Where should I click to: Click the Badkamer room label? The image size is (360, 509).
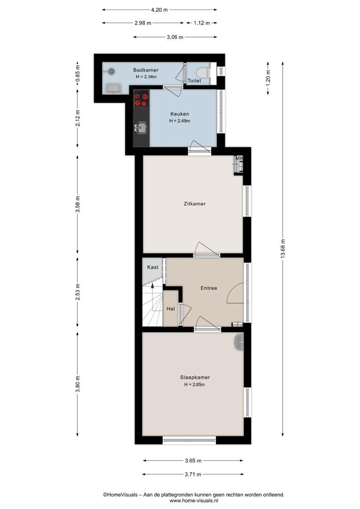pyautogui.click(x=146, y=70)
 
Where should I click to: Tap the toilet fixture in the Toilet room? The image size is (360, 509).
pyautogui.click(x=204, y=72)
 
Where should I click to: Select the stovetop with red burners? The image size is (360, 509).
pyautogui.click(x=141, y=99)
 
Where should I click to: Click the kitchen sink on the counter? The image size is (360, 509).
pyautogui.click(x=141, y=128)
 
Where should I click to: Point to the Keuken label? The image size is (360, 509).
pyautogui.click(x=180, y=114)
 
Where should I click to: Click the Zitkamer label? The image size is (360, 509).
pyautogui.click(x=195, y=204)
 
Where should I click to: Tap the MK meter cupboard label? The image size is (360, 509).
pyautogui.click(x=239, y=158)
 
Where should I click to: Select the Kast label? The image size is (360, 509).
pyautogui.click(x=153, y=267)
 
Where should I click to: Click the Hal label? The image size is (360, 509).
pyautogui.click(x=171, y=309)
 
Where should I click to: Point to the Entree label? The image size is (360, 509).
pyautogui.click(x=209, y=288)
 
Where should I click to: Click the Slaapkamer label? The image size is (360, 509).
pyautogui.click(x=195, y=378)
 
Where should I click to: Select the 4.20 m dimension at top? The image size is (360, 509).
pyautogui.click(x=159, y=10)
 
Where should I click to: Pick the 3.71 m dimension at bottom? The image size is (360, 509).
pyautogui.click(x=193, y=474)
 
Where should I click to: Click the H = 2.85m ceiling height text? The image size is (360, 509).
pyautogui.click(x=195, y=385)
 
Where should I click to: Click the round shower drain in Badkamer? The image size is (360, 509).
pyautogui.click(x=111, y=71)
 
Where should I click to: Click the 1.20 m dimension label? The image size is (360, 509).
pyautogui.click(x=268, y=78)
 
